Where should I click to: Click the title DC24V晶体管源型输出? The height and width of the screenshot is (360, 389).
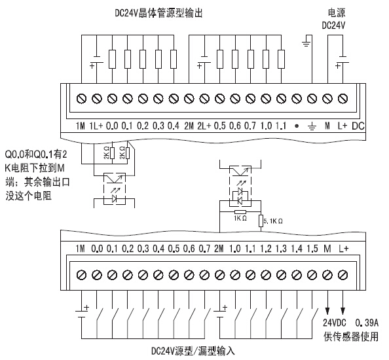pyautogui.click(x=158, y=13)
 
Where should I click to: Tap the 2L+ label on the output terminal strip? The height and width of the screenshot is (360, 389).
pyautogui.click(x=204, y=126)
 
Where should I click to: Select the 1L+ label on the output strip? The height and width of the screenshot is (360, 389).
pyautogui.click(x=96, y=126)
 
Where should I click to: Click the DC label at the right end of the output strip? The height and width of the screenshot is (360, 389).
pyautogui.click(x=358, y=126)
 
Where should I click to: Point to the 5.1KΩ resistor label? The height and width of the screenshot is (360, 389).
pyautogui.click(x=273, y=221)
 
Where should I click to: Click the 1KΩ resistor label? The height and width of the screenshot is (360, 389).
pyautogui.click(x=240, y=218)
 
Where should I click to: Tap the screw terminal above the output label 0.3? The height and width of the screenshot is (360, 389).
pyautogui.click(x=158, y=99)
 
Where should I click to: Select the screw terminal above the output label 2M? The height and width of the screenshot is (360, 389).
pyautogui.click(x=189, y=99)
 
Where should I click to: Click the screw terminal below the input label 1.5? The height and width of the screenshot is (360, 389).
pyautogui.click(x=312, y=275)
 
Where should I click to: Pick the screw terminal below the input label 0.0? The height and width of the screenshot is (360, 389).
pyautogui.click(x=97, y=275)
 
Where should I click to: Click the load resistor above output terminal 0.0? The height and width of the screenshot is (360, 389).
pyautogui.click(x=112, y=60)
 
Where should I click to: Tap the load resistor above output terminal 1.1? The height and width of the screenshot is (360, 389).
pyautogui.click(x=281, y=60)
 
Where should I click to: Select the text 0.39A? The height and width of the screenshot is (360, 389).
pyautogui.click(x=367, y=323)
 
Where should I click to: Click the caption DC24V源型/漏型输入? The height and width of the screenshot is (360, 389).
pyautogui.click(x=193, y=351)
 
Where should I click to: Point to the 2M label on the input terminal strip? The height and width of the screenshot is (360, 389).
pyautogui.click(x=219, y=249)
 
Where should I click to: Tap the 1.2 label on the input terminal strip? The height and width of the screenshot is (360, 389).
pyautogui.click(x=266, y=249)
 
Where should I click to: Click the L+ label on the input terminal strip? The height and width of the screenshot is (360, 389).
pyautogui.click(x=343, y=249)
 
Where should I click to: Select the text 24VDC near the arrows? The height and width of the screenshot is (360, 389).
pyautogui.click(x=334, y=323)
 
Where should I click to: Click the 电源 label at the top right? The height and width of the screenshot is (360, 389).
pyautogui.click(x=337, y=13)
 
